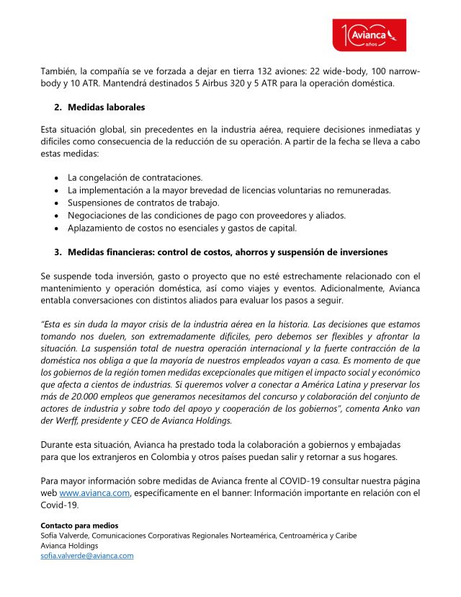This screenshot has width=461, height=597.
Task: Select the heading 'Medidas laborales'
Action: coord(106,107)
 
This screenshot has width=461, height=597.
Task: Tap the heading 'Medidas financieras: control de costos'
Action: coord(228,252)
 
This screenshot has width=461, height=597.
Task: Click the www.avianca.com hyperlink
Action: coord(94,492)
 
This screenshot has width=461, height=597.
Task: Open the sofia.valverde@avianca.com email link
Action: coord(87,555)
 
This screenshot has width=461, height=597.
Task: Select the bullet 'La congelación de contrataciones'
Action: coord(135,177)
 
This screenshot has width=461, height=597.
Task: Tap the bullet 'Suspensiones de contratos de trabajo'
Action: coord(143,203)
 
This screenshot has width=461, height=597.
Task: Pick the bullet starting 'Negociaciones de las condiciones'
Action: coord(197,216)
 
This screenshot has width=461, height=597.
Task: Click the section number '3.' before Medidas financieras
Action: coord(58,252)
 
